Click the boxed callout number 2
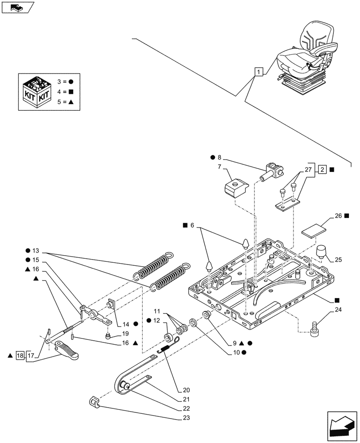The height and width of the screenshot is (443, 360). click(x=322, y=169)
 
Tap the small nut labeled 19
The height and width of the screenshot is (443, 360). click(x=108, y=336)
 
